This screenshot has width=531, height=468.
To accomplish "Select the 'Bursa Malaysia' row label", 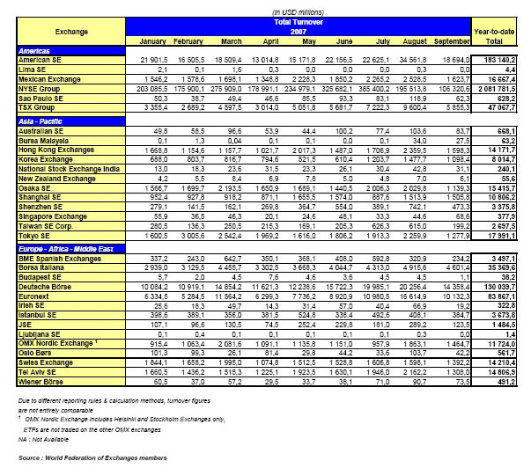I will pyautogui.click(x=47, y=139).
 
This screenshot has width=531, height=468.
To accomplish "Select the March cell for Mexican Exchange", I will pyautogui.click(x=228, y=79).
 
